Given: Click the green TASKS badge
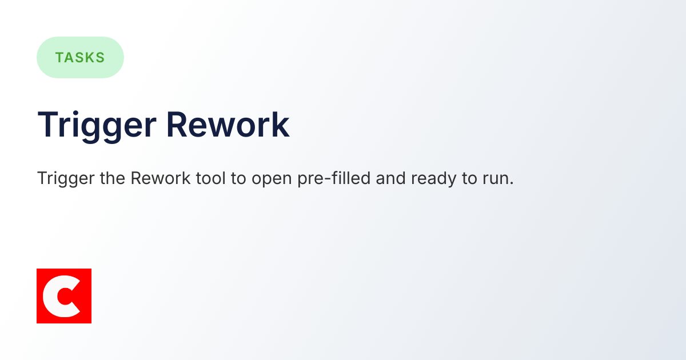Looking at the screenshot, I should click(x=80, y=57).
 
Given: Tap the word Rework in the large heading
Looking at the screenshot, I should click(x=228, y=125).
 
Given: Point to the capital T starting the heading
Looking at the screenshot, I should click(x=48, y=125).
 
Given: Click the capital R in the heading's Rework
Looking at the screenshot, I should click(x=177, y=125).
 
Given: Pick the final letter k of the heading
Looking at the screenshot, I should click(x=280, y=125).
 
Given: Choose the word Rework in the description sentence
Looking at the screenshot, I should click(x=161, y=178).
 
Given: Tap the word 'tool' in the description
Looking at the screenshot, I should click(x=210, y=178).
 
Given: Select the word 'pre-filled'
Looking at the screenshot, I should click(x=333, y=179).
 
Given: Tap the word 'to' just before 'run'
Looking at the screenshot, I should click(x=466, y=178).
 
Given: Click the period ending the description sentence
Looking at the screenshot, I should click(x=512, y=183).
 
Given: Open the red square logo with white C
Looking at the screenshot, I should click(x=64, y=296).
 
